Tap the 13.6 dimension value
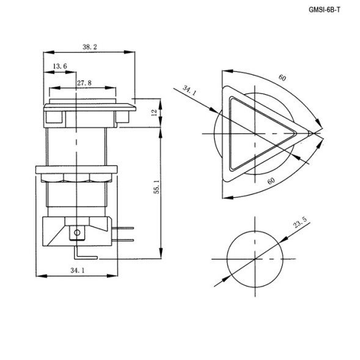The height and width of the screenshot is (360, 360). [x=60, y=66]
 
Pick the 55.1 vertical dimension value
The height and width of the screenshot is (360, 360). [x=156, y=191]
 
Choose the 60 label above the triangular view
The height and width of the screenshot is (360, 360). [x=282, y=78]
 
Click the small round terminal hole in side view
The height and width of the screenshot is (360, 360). [x=76, y=232]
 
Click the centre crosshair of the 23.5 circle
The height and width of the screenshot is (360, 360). [x=252, y=259]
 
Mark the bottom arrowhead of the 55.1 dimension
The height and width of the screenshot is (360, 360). [x=161, y=256]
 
